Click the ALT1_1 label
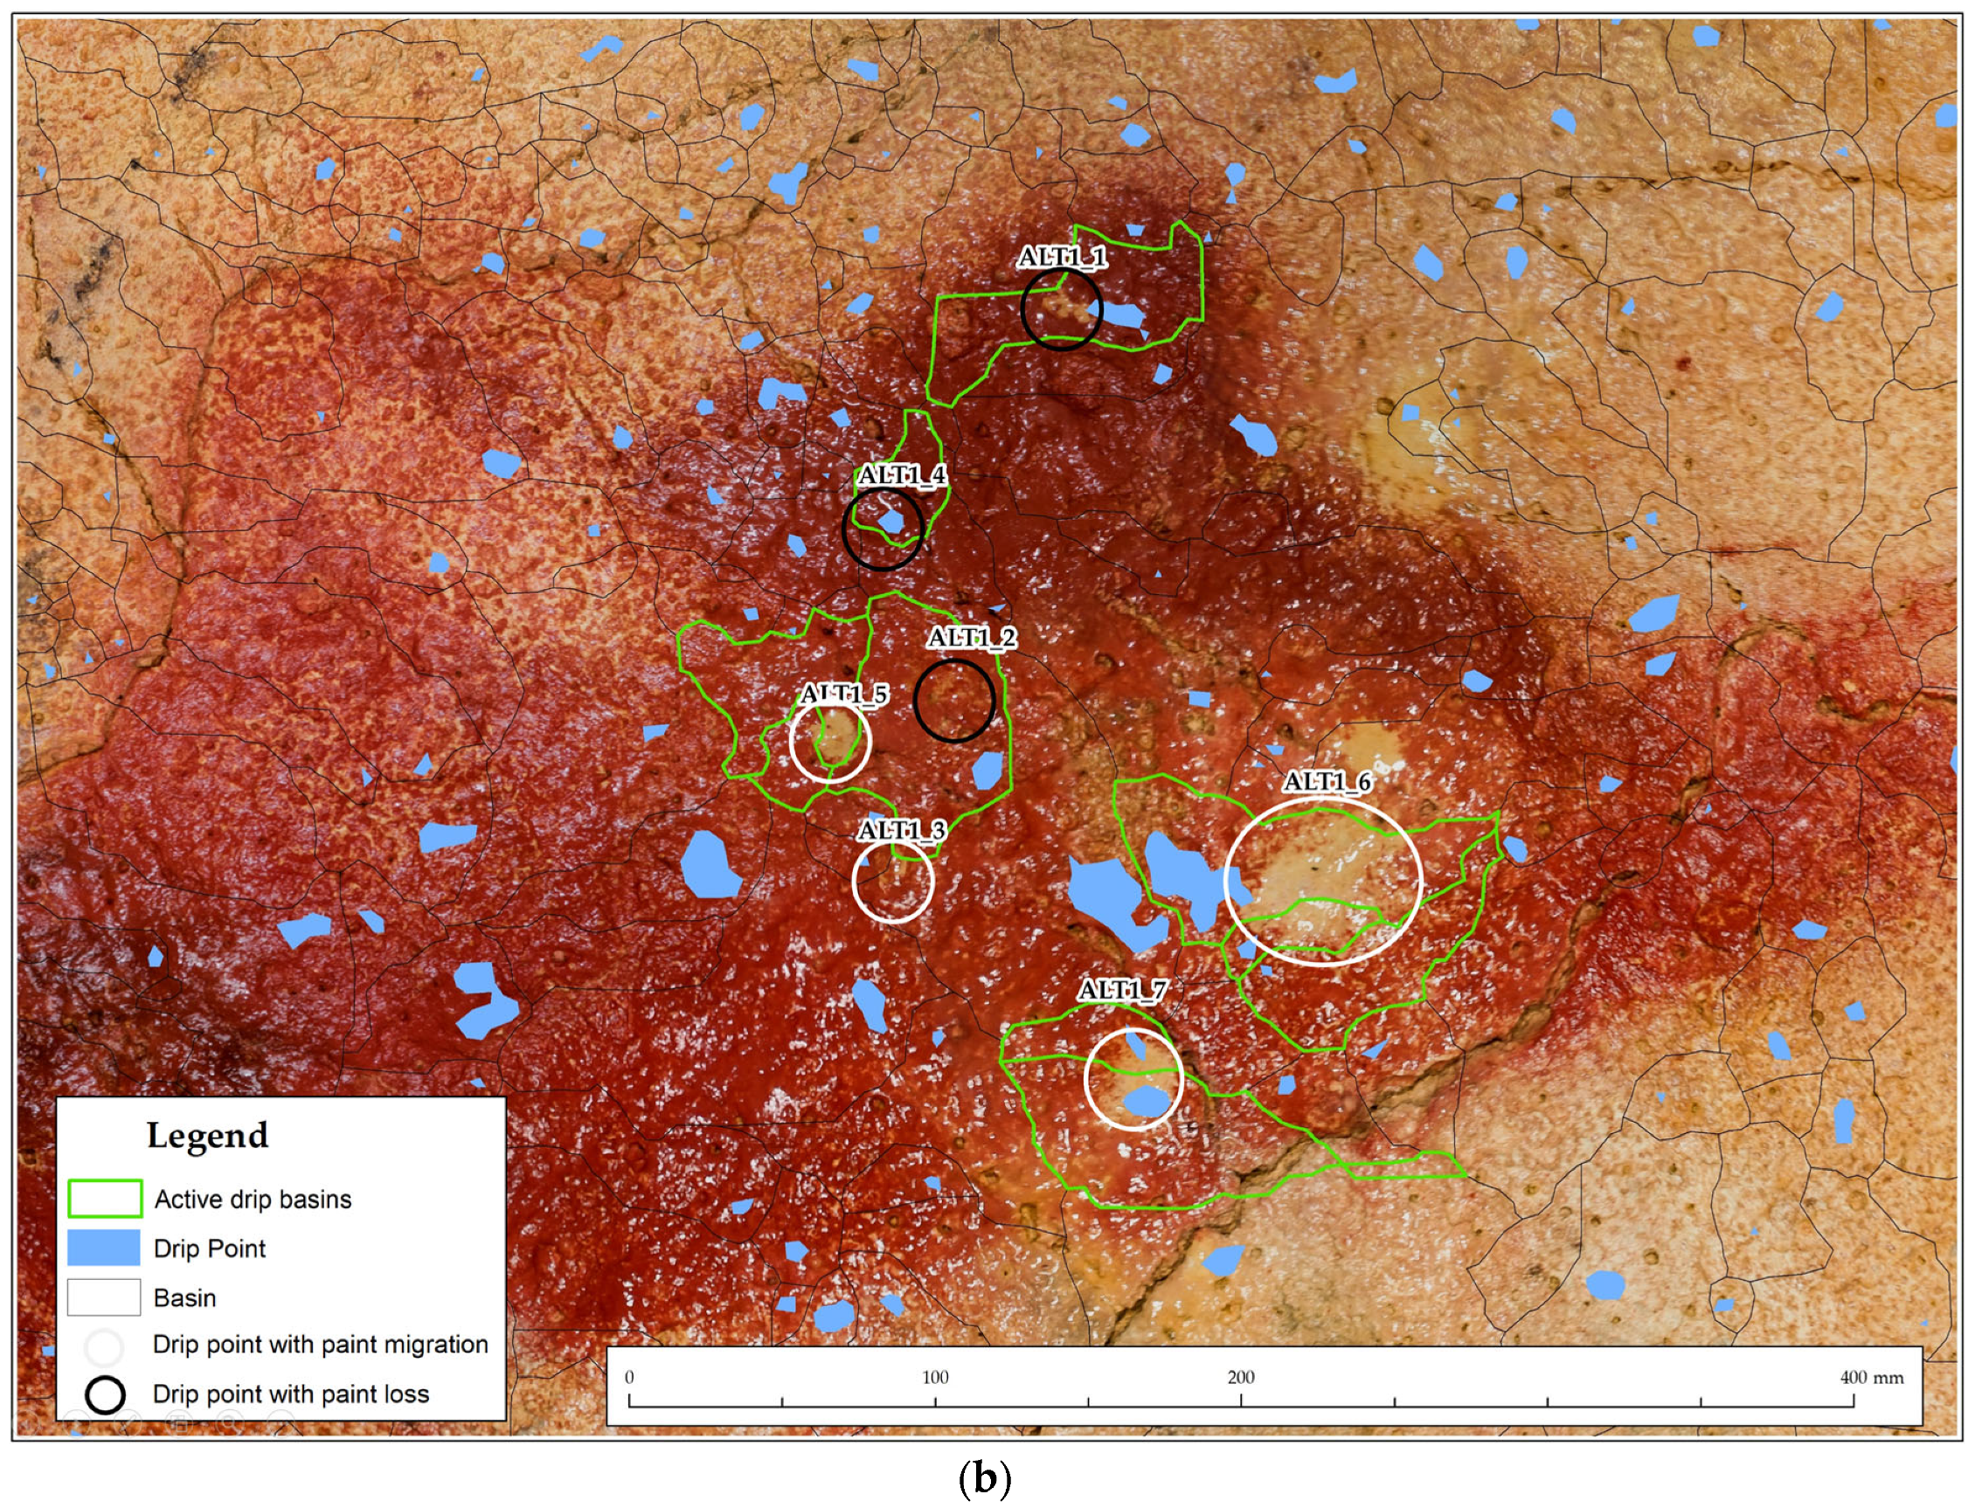click(1062, 258)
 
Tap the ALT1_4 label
click(902, 474)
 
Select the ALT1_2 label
click(973, 638)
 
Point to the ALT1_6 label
click(1327, 782)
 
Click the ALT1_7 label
click(1122, 990)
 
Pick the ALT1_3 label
click(901, 830)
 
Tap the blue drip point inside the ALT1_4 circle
click(891, 521)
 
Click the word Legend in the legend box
click(207, 1136)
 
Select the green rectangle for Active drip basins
click(104, 1199)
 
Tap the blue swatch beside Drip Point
click(104, 1248)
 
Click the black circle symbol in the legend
click(104, 1394)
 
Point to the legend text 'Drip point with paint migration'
click(321, 1345)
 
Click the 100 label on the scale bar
click(934, 1378)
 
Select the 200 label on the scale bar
click(1241, 1378)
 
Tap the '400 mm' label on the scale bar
click(1872, 1378)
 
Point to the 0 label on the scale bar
click(629, 1378)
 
